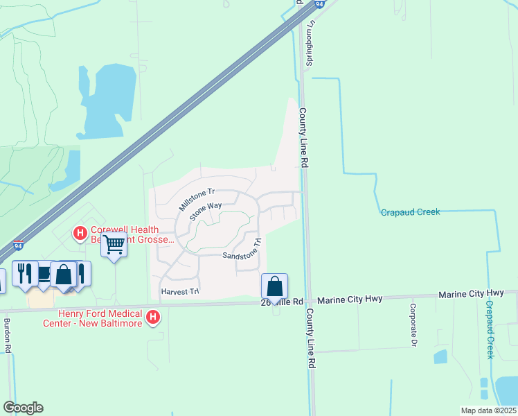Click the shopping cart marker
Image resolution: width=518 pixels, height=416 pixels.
click(x=113, y=244)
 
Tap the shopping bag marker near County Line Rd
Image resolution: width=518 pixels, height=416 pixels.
click(x=274, y=286)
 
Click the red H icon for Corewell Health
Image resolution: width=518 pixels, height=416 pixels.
click(x=80, y=232)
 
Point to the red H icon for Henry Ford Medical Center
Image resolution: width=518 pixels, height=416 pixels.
click(x=154, y=319)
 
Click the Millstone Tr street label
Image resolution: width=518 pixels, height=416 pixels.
click(x=198, y=200)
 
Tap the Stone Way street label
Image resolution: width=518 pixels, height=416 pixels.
click(x=205, y=211)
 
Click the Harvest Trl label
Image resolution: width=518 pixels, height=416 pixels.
click(x=179, y=291)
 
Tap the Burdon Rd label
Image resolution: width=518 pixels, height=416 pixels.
click(x=8, y=336)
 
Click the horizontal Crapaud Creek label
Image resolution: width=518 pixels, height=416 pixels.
click(x=410, y=212)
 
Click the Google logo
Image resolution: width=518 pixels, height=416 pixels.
click(x=23, y=408)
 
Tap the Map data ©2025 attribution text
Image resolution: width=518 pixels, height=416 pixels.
click(x=488, y=410)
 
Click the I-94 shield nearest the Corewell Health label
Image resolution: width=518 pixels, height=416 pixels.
click(x=19, y=245)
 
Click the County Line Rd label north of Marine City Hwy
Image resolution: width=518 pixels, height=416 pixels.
click(x=303, y=137)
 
